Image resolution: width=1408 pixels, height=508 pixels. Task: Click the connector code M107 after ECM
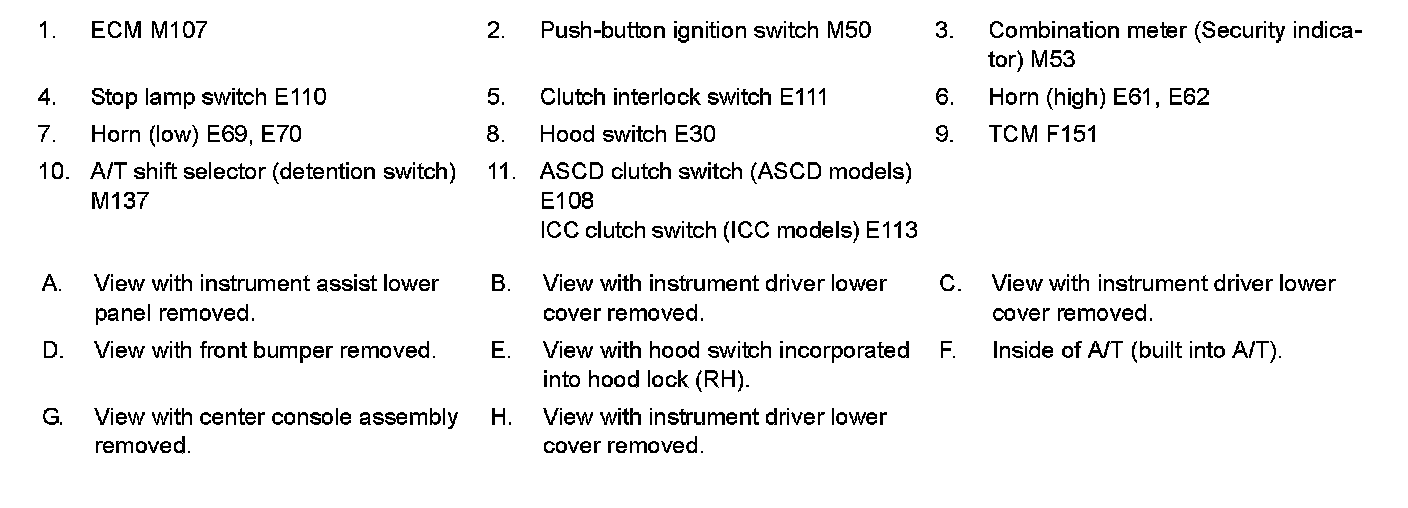tap(179, 30)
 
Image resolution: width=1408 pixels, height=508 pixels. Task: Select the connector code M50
tap(849, 30)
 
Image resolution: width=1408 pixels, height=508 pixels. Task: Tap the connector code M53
tap(1053, 60)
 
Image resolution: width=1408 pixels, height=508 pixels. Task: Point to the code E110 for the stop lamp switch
tap(300, 97)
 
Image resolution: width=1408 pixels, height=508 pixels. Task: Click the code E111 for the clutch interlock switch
tap(803, 97)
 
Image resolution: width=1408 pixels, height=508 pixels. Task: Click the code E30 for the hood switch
tap(695, 134)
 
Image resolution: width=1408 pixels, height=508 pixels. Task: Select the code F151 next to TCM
tap(1071, 134)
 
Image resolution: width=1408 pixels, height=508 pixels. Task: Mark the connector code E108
tap(566, 201)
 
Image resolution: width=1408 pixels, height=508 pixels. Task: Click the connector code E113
tap(891, 230)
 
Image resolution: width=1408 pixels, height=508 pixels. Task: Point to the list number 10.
tap(53, 172)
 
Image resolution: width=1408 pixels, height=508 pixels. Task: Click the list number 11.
tap(502, 172)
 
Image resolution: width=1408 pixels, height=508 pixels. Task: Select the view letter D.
tap(53, 350)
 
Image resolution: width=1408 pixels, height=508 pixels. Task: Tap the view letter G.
tap(53, 417)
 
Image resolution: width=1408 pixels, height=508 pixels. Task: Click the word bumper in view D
tap(295, 351)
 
